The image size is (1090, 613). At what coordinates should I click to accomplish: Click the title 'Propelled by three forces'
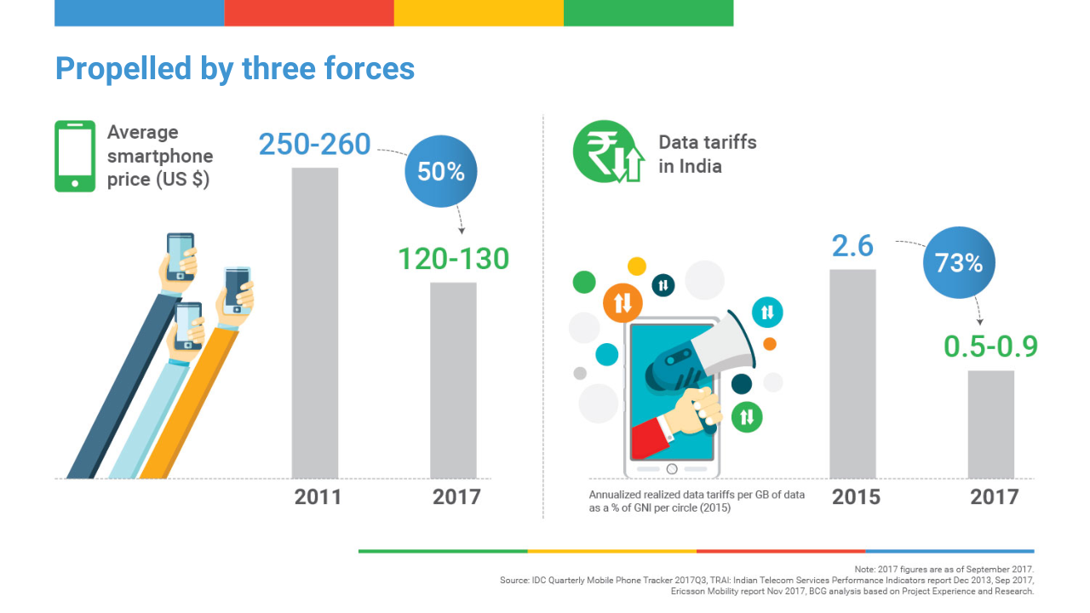(x=235, y=69)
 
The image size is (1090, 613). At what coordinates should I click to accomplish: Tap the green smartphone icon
(x=75, y=156)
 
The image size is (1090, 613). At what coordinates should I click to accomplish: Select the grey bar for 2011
(x=315, y=324)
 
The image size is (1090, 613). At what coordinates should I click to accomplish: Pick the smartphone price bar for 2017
(x=453, y=380)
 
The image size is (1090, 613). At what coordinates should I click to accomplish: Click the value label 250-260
(x=315, y=145)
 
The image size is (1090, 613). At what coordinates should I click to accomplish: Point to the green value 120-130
(x=453, y=259)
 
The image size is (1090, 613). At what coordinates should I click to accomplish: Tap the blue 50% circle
(x=441, y=171)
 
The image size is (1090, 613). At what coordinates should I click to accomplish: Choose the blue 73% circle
(x=959, y=263)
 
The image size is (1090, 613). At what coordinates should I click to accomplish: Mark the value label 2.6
(x=852, y=246)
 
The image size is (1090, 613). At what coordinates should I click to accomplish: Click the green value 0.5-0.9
(x=990, y=347)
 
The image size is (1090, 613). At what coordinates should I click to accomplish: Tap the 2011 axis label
(x=318, y=497)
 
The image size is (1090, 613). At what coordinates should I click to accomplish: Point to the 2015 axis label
(x=856, y=497)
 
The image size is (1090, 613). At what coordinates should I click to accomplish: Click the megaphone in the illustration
(x=698, y=358)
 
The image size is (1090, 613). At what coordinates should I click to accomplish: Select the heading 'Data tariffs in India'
(x=707, y=154)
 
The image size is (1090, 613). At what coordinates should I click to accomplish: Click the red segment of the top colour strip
(x=309, y=13)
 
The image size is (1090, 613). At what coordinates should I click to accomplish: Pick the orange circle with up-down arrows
(x=622, y=302)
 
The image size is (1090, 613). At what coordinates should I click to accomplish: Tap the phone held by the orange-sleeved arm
(x=238, y=289)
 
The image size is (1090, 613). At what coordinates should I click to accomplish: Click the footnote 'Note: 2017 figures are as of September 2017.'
(x=944, y=569)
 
